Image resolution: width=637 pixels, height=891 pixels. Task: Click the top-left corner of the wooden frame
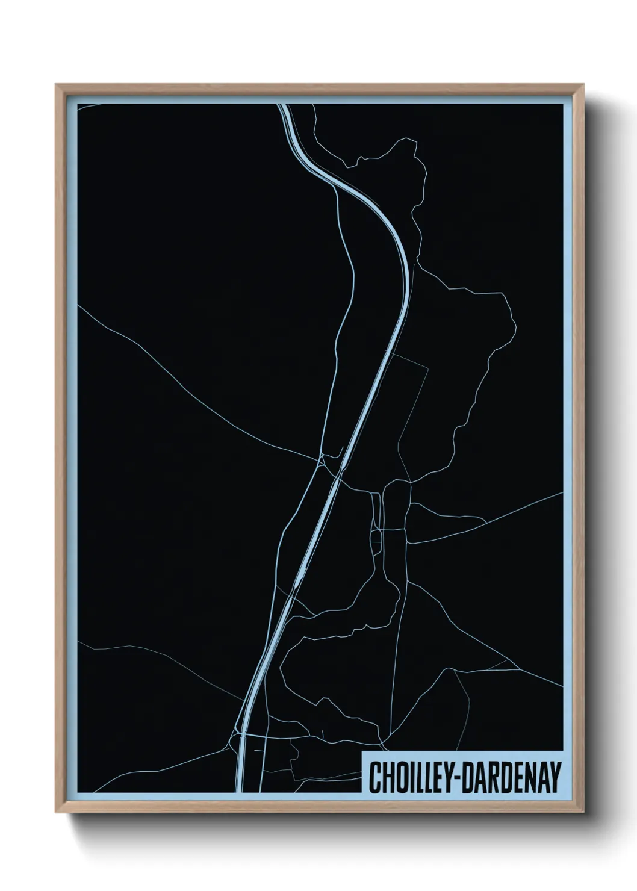tap(56, 85)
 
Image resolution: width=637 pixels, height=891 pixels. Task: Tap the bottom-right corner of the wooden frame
tap(585, 813)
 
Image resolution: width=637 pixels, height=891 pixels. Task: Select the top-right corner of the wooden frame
tap(585, 85)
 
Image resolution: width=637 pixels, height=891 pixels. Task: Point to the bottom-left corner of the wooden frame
tap(56, 813)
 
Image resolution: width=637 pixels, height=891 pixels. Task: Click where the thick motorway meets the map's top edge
tap(282, 105)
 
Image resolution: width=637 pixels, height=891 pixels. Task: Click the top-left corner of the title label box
tap(362, 752)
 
